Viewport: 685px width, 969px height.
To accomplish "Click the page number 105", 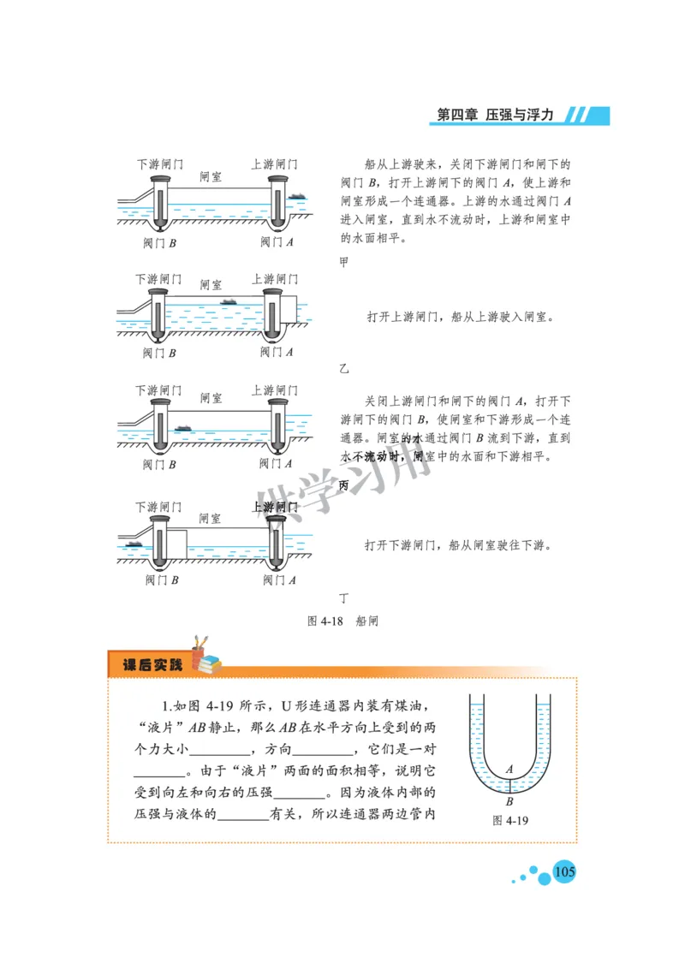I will [564, 872].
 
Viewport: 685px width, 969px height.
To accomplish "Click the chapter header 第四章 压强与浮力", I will [495, 115].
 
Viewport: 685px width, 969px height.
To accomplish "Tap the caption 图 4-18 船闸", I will [342, 621].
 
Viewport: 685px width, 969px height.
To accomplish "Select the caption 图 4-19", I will [511, 820].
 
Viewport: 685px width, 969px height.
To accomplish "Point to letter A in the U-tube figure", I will [509, 770].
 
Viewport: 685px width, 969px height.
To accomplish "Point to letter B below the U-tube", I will [509, 802].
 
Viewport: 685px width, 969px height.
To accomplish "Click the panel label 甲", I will [344, 262].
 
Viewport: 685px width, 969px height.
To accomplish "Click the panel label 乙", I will [344, 369].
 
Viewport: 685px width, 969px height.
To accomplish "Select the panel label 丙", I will [344, 485].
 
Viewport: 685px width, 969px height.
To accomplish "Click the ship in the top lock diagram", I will [297, 197].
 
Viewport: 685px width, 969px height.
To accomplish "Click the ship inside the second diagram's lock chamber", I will [229, 301].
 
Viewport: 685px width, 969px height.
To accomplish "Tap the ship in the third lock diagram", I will [182, 428].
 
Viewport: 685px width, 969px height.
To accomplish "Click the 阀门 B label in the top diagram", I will [159, 242].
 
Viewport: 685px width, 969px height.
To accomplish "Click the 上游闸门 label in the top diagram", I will [274, 163].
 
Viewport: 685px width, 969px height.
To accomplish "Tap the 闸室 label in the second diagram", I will [211, 284].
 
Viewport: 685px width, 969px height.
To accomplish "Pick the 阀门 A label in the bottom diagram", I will [278, 580].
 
